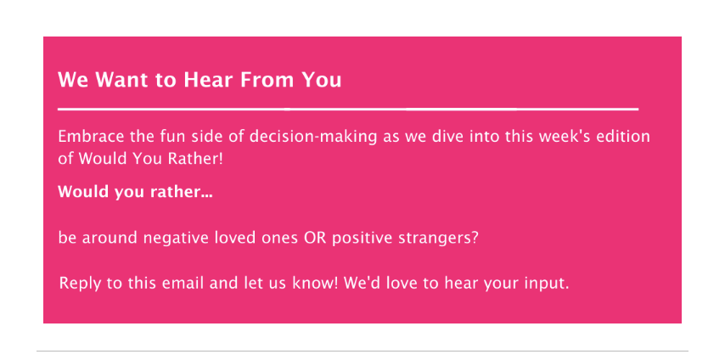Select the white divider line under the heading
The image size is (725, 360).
click(348, 110)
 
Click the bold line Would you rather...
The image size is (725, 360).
click(135, 192)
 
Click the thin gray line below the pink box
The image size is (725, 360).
click(362, 352)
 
